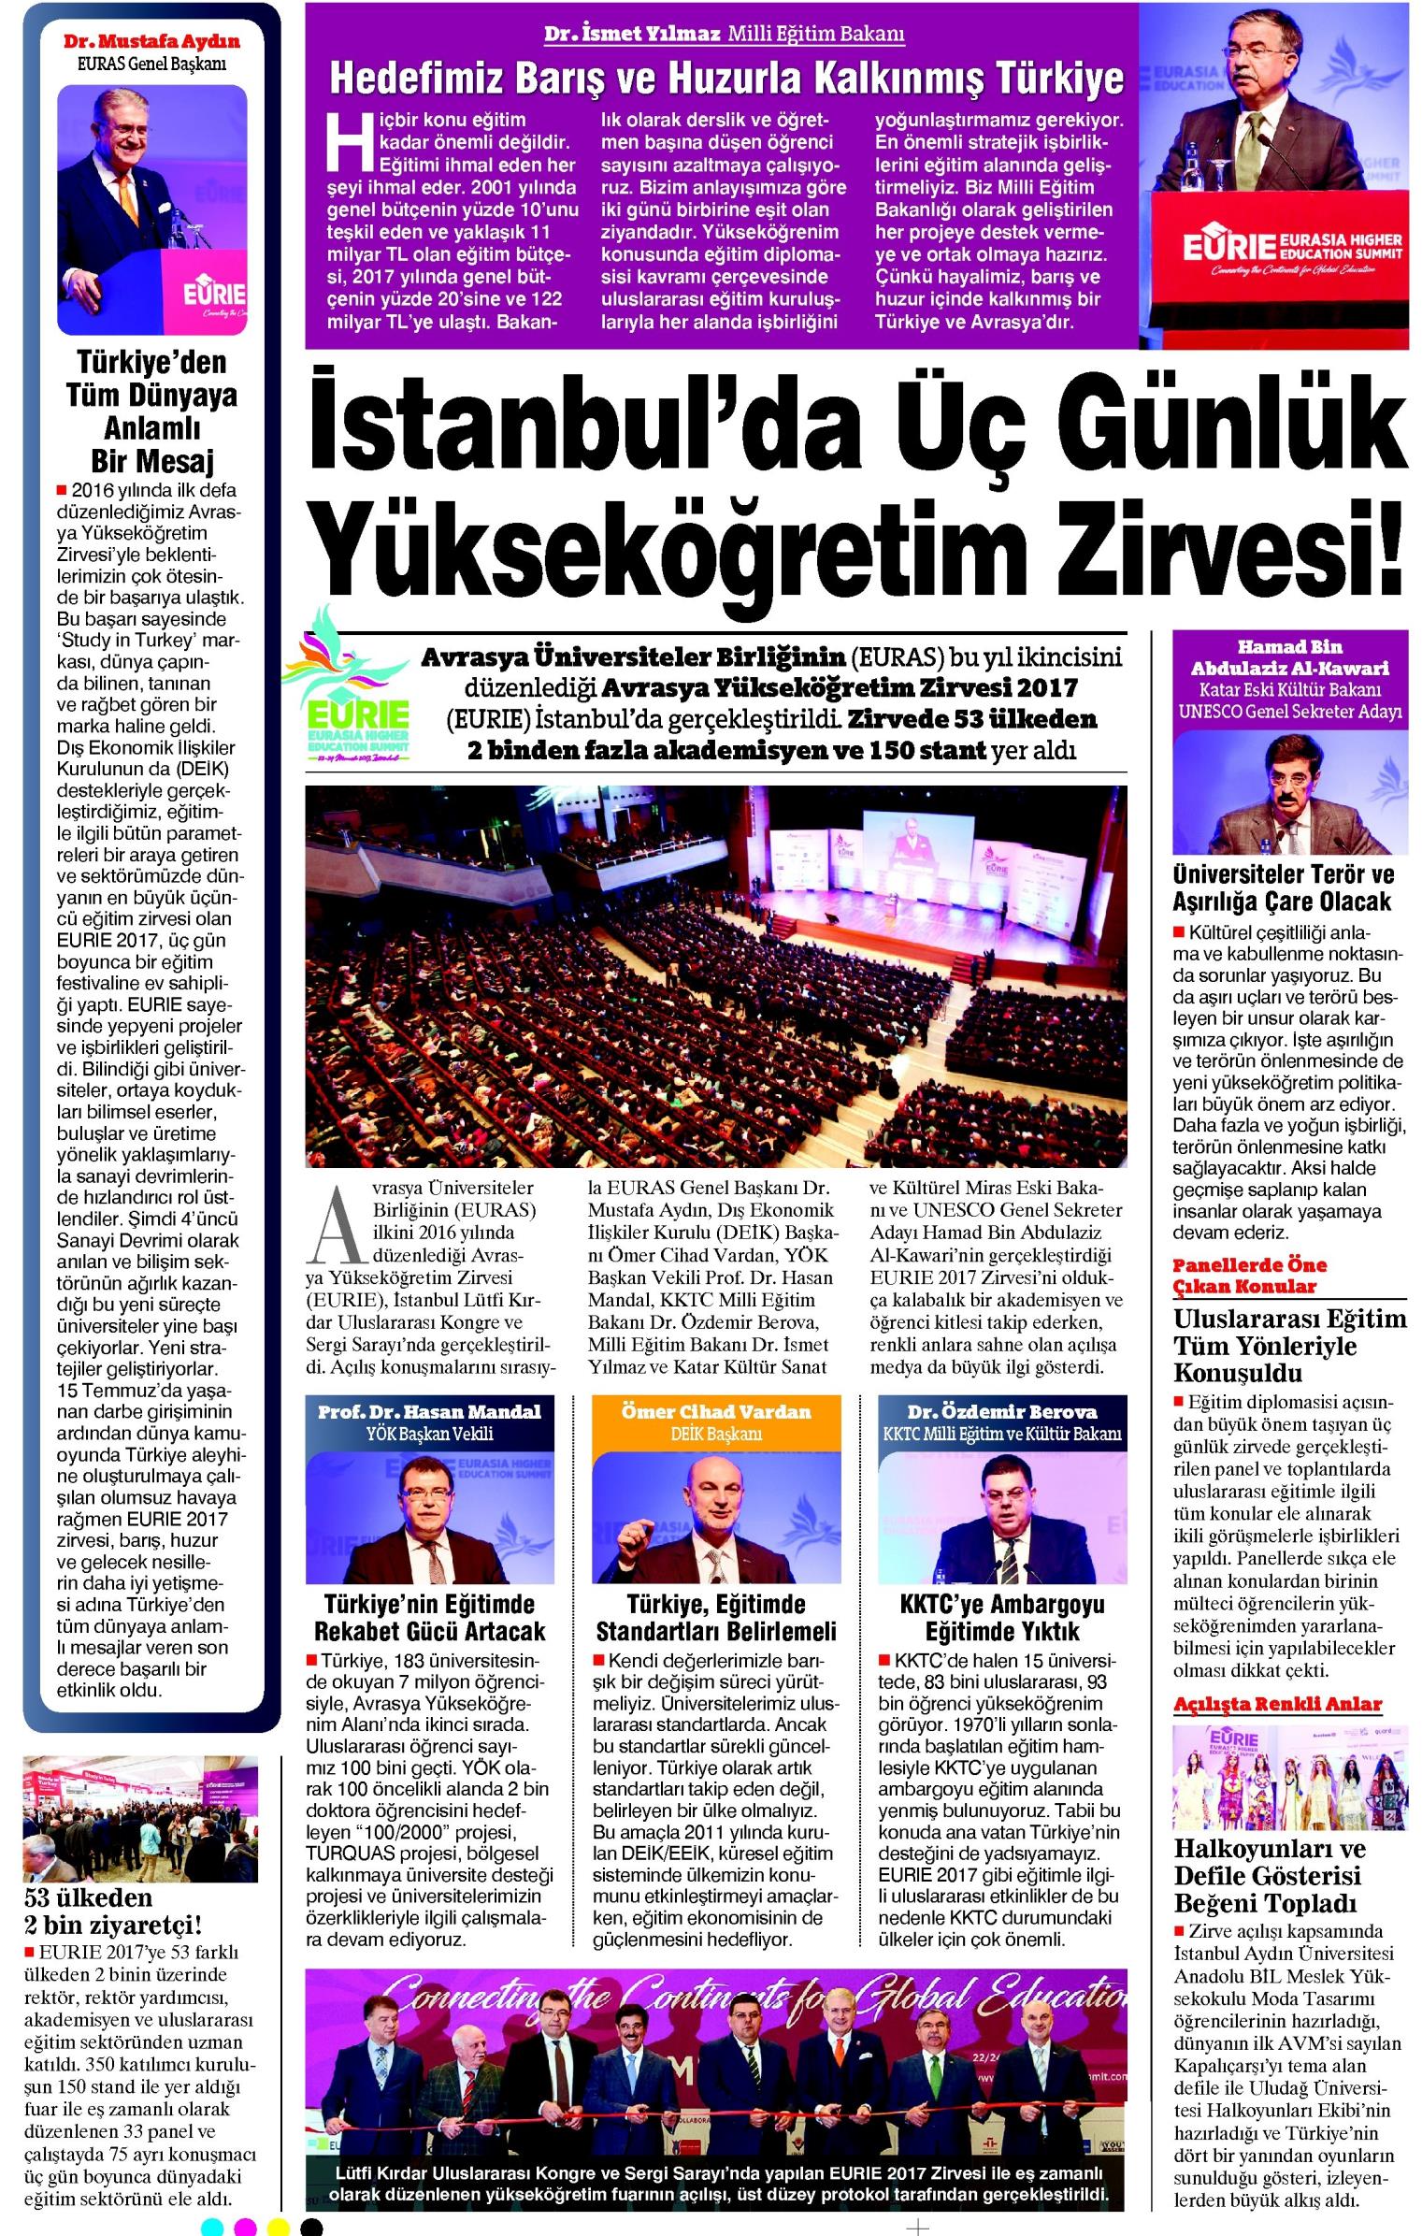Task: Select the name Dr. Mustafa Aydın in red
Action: (151, 42)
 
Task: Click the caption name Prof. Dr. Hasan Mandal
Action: (429, 1411)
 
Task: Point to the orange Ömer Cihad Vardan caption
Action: (716, 1411)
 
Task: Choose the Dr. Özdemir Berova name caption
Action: (1002, 1411)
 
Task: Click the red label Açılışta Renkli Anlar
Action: (1277, 1703)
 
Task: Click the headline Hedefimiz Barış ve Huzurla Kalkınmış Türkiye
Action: (725, 79)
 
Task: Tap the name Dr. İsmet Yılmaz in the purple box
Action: (632, 35)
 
